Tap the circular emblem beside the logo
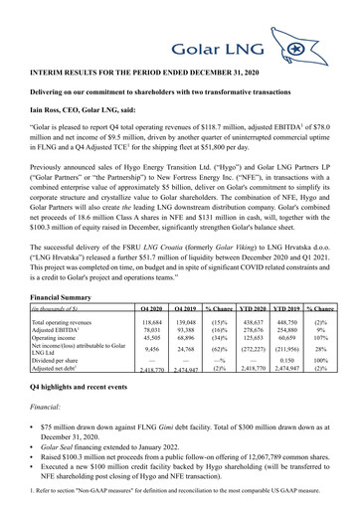pyautogui.click(x=324, y=48)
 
